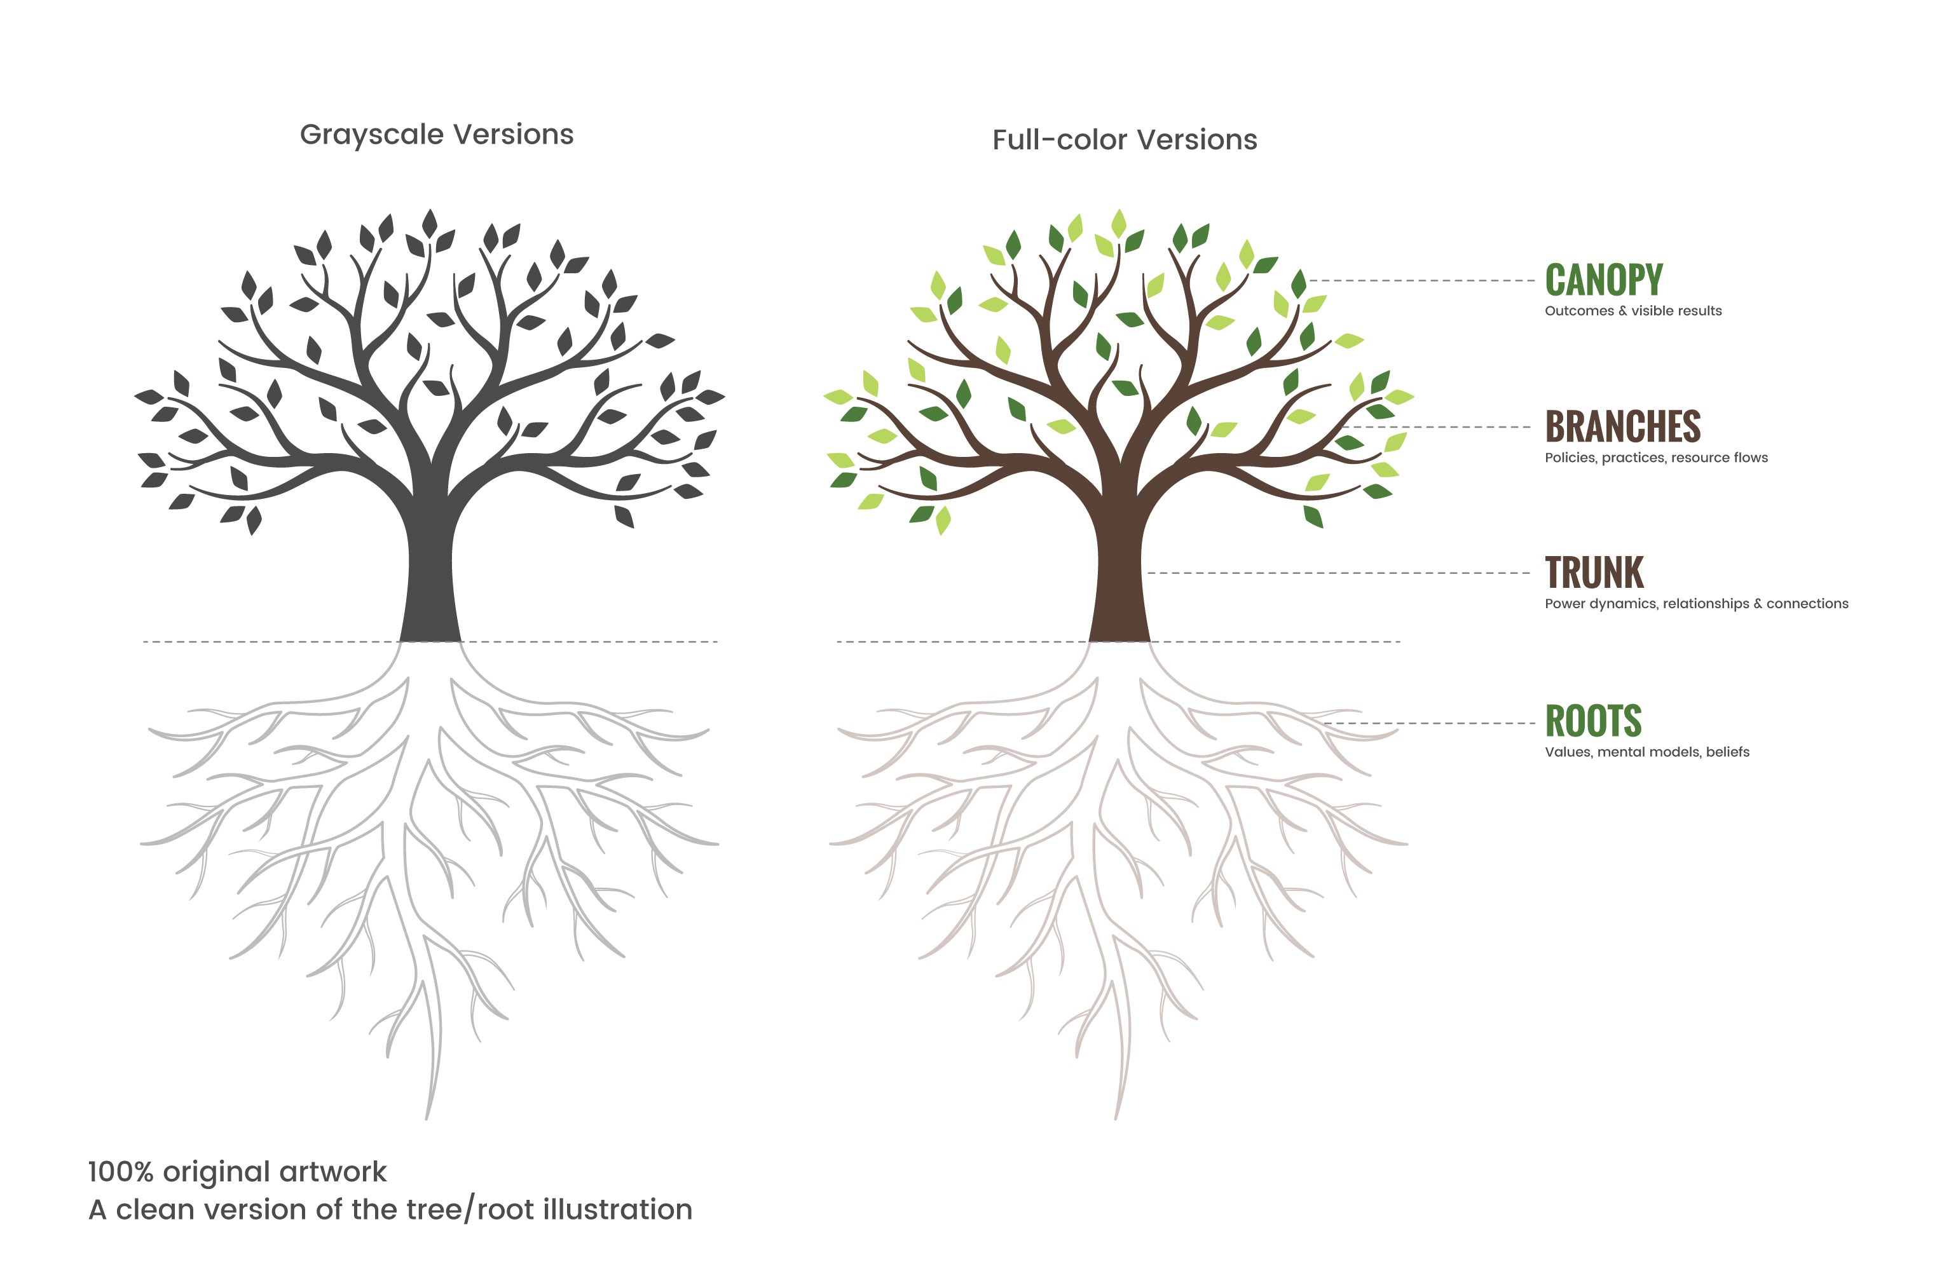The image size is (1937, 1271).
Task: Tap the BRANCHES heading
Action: tap(1622, 426)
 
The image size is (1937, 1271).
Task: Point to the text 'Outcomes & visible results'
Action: tap(1632, 311)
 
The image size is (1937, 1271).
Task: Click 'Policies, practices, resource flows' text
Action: tap(1656, 458)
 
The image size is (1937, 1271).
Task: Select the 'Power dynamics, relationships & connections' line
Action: tap(1696, 604)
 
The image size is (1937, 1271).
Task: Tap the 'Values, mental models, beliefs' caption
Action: tap(1646, 752)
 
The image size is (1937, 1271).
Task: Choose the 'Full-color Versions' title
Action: tap(1125, 140)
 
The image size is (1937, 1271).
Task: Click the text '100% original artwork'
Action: tap(237, 1172)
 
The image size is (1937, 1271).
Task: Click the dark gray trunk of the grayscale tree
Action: tap(430, 569)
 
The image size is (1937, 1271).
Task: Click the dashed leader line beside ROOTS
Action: tap(1429, 723)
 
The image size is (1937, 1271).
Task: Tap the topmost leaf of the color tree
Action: tap(1118, 223)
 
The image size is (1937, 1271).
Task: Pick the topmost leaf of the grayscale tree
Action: tap(429, 223)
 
